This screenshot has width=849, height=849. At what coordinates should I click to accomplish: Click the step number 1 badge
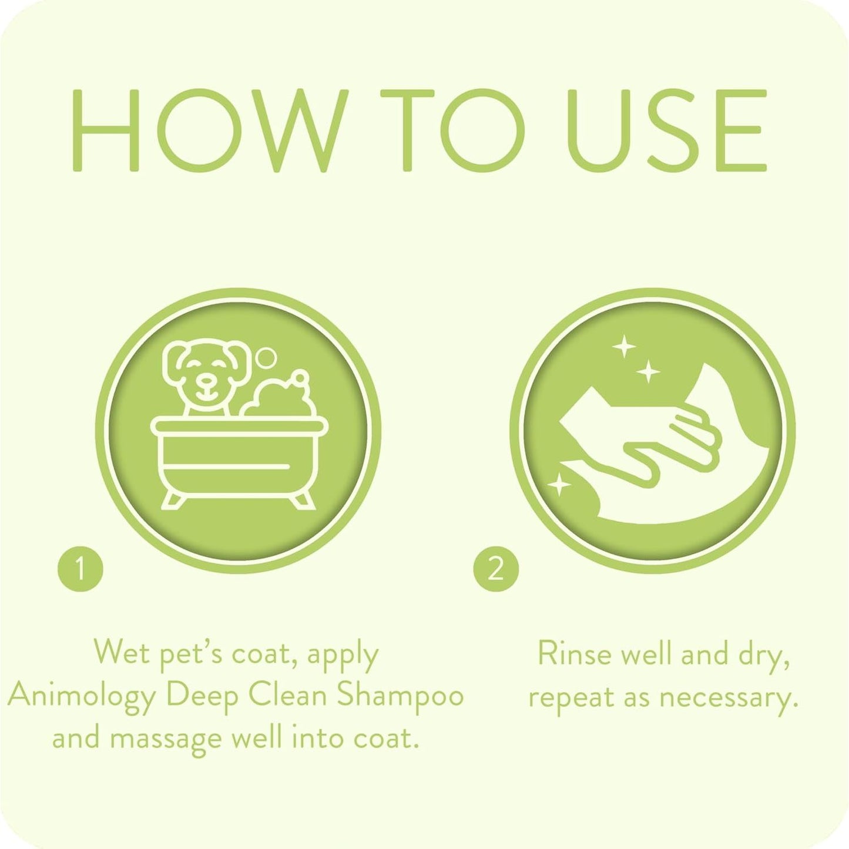(80, 569)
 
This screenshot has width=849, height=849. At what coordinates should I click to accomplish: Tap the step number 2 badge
(496, 569)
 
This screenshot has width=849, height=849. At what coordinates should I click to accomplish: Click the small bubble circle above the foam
(268, 357)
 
